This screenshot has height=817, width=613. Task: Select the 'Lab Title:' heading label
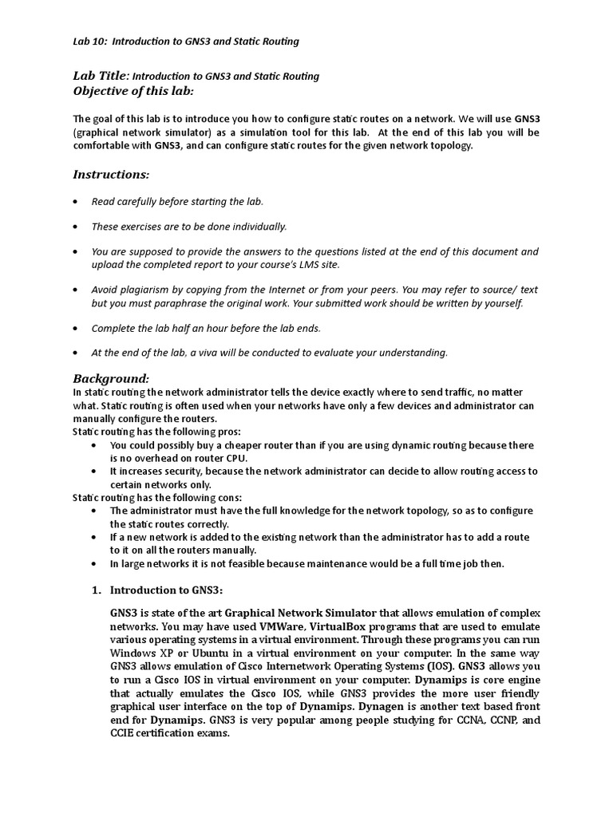coord(101,76)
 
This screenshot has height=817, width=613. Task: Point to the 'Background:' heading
coord(111,377)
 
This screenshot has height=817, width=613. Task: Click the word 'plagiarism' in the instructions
coord(144,290)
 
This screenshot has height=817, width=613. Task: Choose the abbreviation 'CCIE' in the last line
coord(125,734)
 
